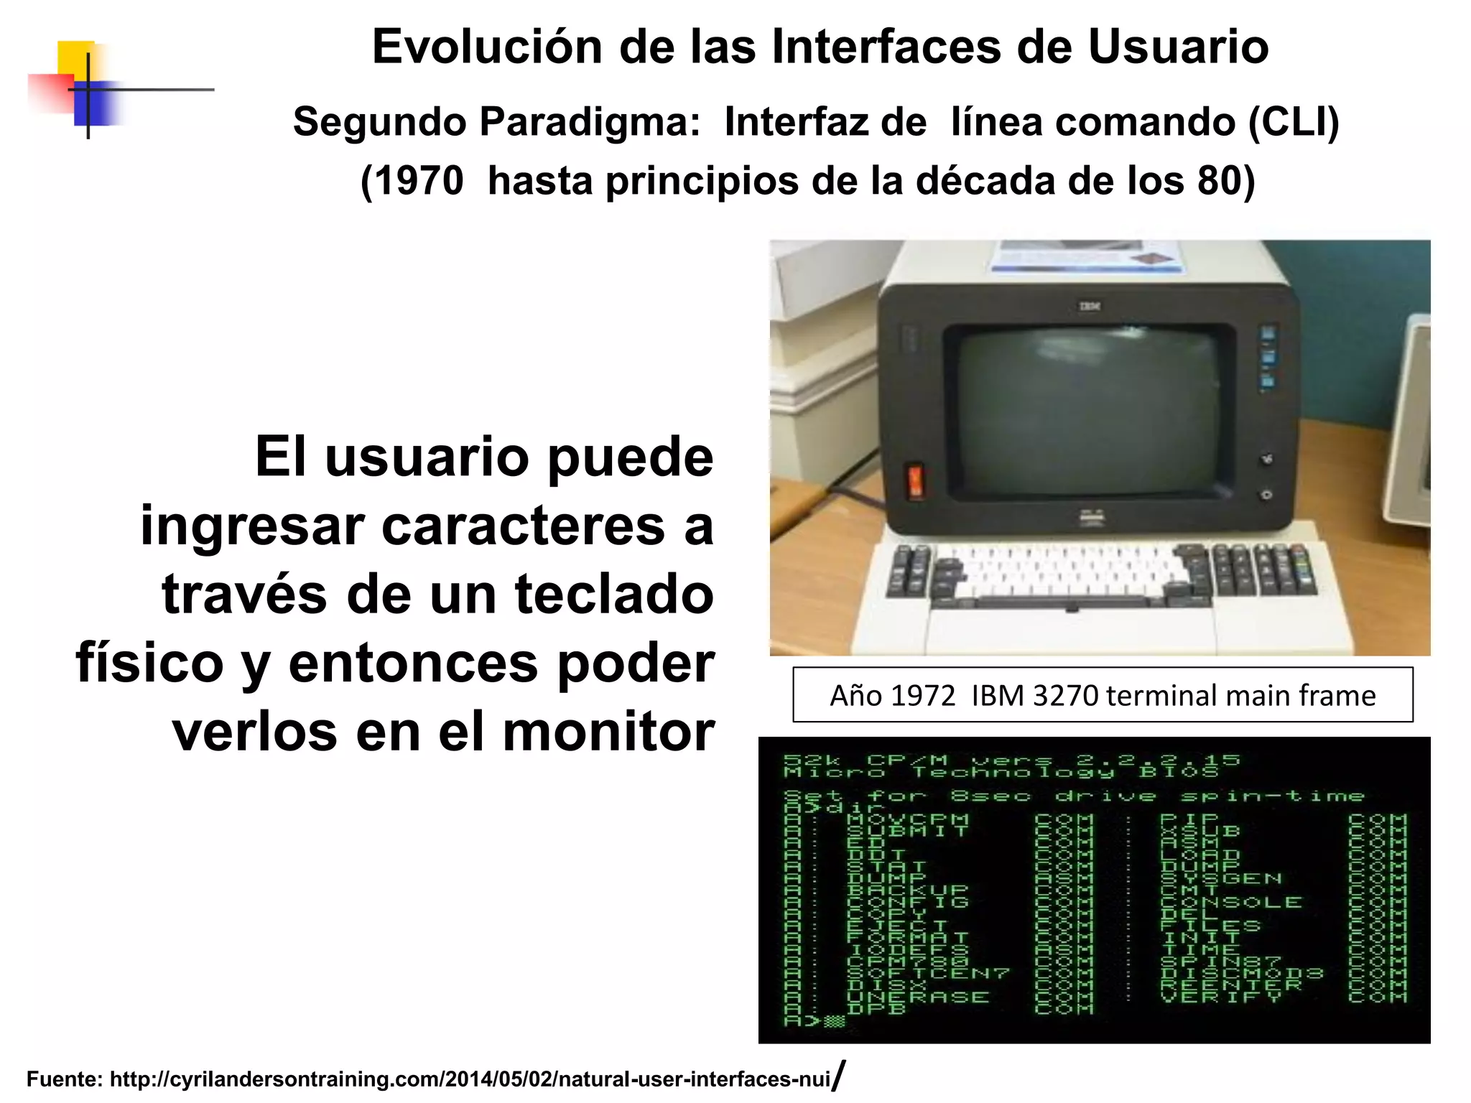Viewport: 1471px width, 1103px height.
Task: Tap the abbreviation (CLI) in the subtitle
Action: click(x=1294, y=122)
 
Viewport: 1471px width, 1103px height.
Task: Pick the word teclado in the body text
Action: click(x=614, y=595)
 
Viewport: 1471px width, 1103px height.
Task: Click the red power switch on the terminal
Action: click(x=916, y=481)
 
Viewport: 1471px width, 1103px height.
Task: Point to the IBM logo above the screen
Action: click(x=1090, y=307)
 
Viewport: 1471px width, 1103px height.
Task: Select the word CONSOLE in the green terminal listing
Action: click(x=1230, y=902)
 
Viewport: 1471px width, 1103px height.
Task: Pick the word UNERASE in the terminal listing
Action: click(x=917, y=997)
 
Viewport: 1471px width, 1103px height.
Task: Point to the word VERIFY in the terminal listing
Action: click(x=1220, y=997)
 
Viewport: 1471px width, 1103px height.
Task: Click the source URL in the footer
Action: click(x=470, y=1079)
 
